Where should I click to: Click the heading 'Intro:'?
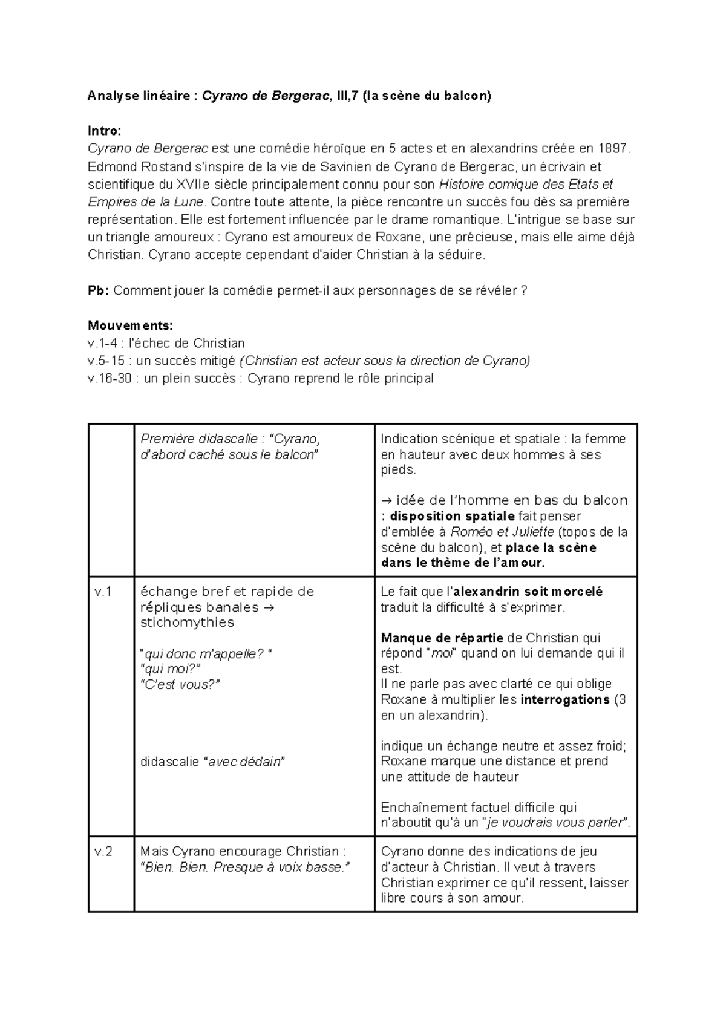[104, 131]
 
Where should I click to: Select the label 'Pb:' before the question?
[98, 290]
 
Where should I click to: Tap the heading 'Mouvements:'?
[130, 325]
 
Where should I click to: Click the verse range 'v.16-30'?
[110, 379]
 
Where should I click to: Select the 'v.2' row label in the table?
[104, 852]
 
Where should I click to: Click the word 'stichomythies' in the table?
[187, 622]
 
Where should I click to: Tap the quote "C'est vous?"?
[180, 684]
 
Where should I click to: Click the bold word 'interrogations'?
[564, 700]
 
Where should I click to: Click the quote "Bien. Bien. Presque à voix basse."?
[245, 868]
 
